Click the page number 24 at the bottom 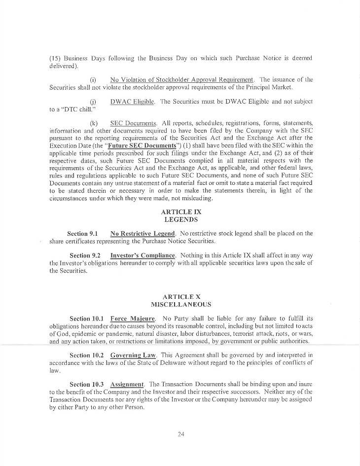180,434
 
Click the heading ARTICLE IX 181,212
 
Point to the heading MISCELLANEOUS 180,305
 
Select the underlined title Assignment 127,383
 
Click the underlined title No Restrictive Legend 143,233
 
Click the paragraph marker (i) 93,79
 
